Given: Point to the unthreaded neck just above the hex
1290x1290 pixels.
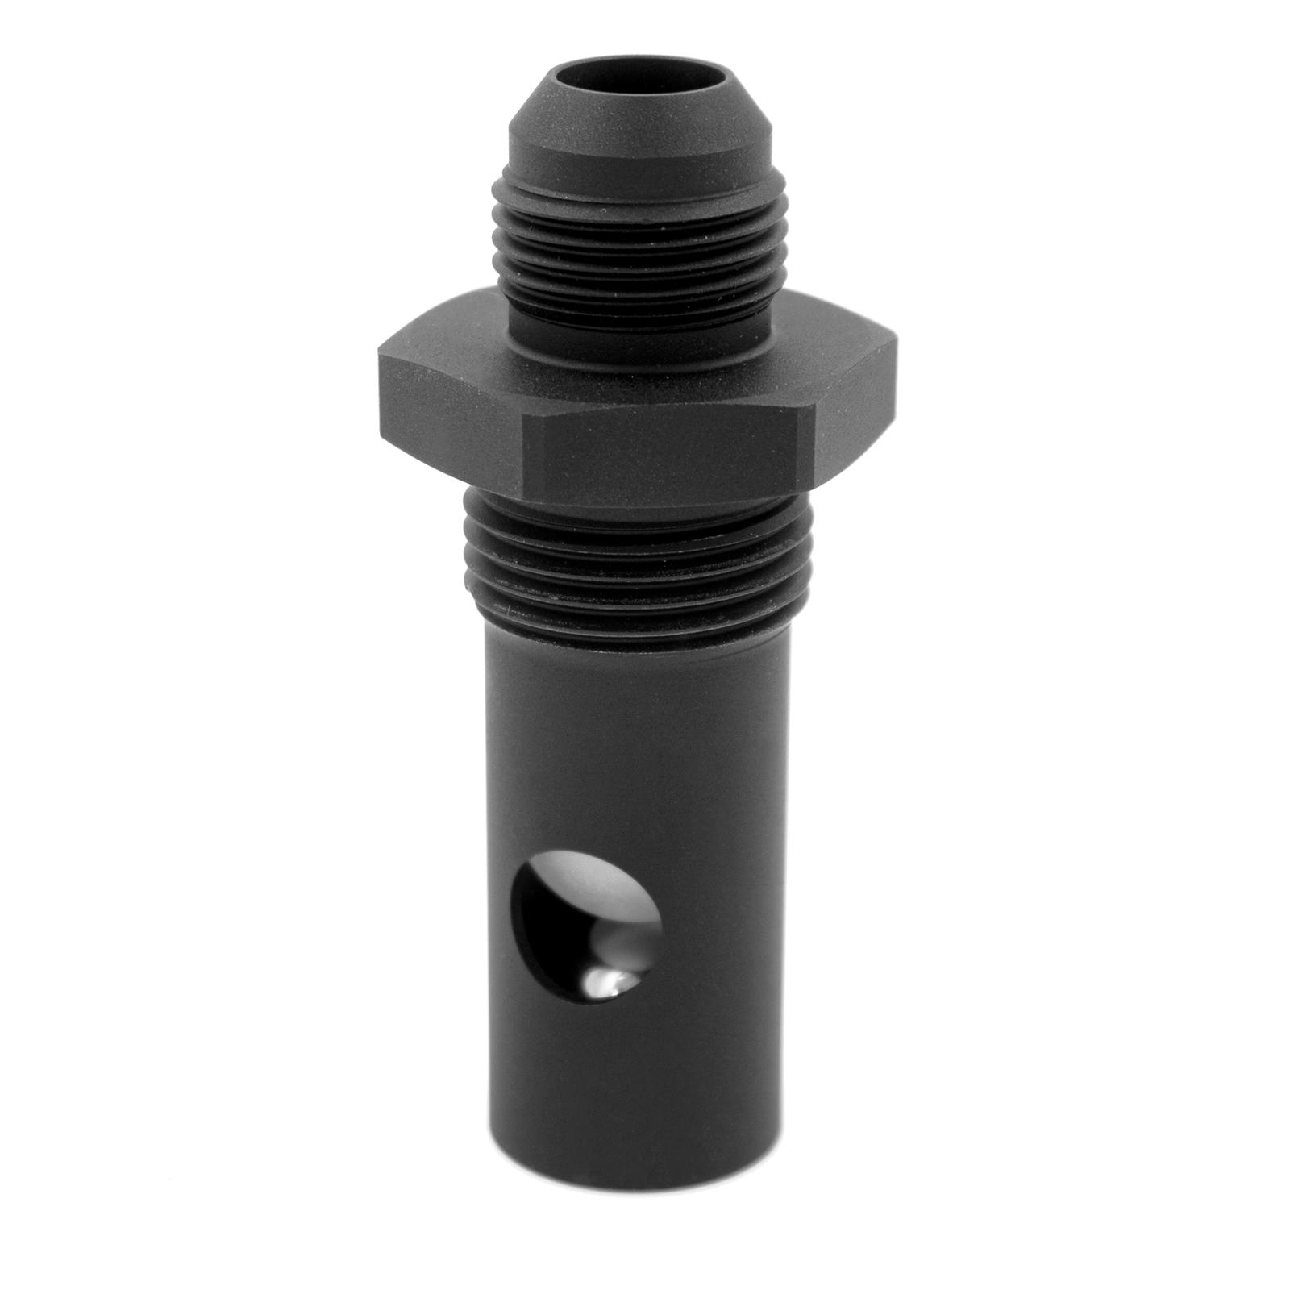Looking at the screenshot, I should click(645, 310).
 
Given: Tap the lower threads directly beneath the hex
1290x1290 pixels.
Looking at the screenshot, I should click(637, 556).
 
